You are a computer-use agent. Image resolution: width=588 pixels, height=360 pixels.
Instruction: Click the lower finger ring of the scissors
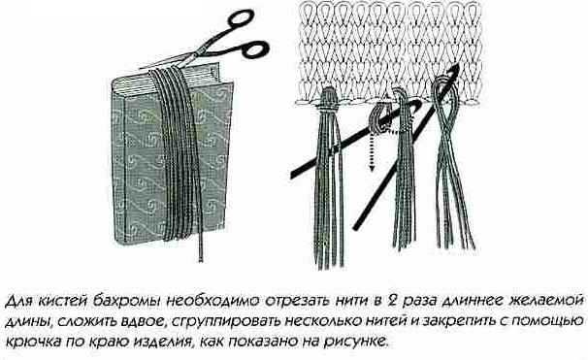[x=255, y=49]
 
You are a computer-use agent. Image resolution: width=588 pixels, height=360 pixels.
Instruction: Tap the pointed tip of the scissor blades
[x=141, y=68]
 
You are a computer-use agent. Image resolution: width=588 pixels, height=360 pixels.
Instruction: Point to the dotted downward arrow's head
[x=372, y=167]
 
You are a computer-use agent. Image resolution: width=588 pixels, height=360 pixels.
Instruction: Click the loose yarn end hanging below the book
[x=201, y=247]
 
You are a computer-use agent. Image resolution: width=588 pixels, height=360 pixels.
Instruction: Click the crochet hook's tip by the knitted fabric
[x=456, y=68]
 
